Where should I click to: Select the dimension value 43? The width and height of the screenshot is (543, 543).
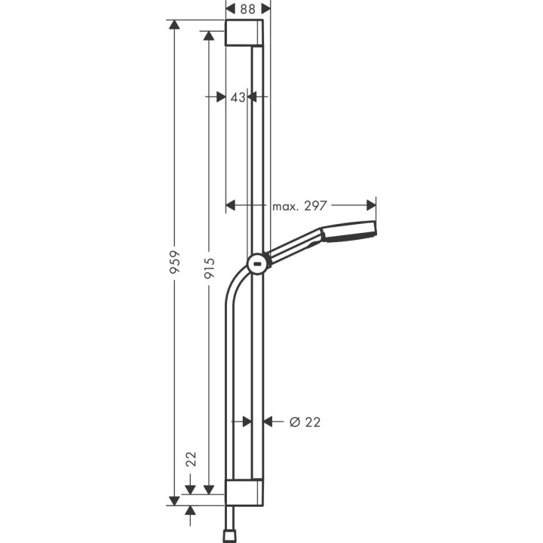coord(238,97)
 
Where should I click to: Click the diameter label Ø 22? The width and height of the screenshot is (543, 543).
coord(305,422)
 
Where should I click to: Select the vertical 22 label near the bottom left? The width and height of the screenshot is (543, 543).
coord(191,459)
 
